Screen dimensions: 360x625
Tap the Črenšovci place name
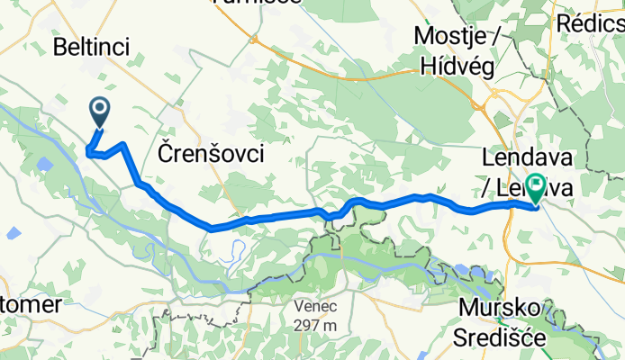pos(211,153)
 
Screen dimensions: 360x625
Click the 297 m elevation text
pos(315,325)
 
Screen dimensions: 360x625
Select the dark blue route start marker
pos(100,112)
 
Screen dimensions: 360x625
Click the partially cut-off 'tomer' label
pos(32,304)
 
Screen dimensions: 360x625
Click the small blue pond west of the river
pos(13,233)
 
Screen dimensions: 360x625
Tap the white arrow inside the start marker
pos(100,109)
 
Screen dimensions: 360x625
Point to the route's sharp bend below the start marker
pos(88,151)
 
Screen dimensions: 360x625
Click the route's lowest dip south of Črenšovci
pos(211,228)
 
